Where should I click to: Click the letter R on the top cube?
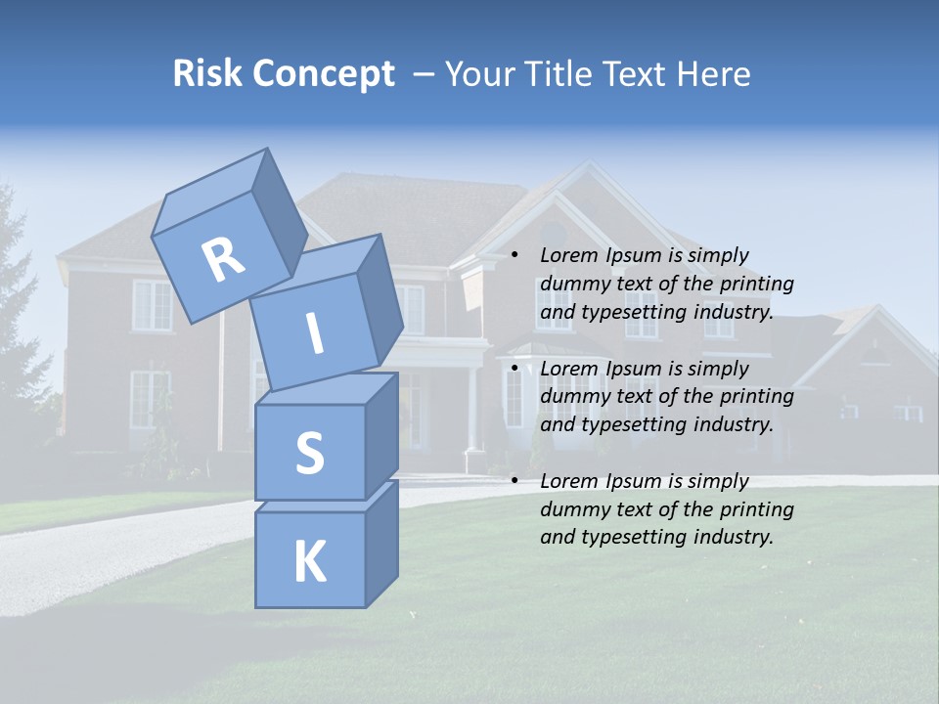[x=223, y=260]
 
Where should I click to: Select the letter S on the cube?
[x=309, y=454]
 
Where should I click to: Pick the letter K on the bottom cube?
[x=310, y=561]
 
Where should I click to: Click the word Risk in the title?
[x=208, y=73]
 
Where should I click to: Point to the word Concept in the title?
[x=325, y=74]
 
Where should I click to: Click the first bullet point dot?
[x=514, y=256]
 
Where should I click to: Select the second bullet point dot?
[x=514, y=369]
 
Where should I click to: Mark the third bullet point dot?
[x=514, y=481]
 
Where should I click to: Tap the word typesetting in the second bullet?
[x=623, y=424]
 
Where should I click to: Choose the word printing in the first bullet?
[x=757, y=285]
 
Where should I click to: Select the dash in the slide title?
[x=424, y=73]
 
